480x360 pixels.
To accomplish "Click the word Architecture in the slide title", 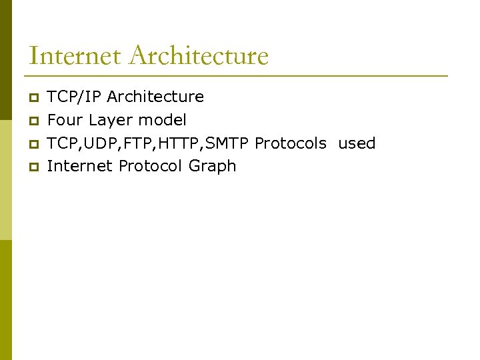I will (x=199, y=55).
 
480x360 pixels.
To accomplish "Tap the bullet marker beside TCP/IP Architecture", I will (x=34, y=97).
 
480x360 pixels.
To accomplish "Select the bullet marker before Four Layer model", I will (x=34, y=121).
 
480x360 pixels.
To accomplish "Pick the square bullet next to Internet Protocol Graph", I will (x=34, y=167).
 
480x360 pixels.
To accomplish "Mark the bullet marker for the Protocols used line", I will (x=34, y=144).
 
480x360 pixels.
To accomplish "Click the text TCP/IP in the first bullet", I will (x=75, y=97).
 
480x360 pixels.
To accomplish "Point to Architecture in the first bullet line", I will (x=155, y=97).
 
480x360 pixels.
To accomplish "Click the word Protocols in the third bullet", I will (x=291, y=143).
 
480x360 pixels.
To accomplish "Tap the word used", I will (x=357, y=143).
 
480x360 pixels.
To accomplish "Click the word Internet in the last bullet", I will (x=80, y=166).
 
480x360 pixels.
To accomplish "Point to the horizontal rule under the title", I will (x=237, y=75).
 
